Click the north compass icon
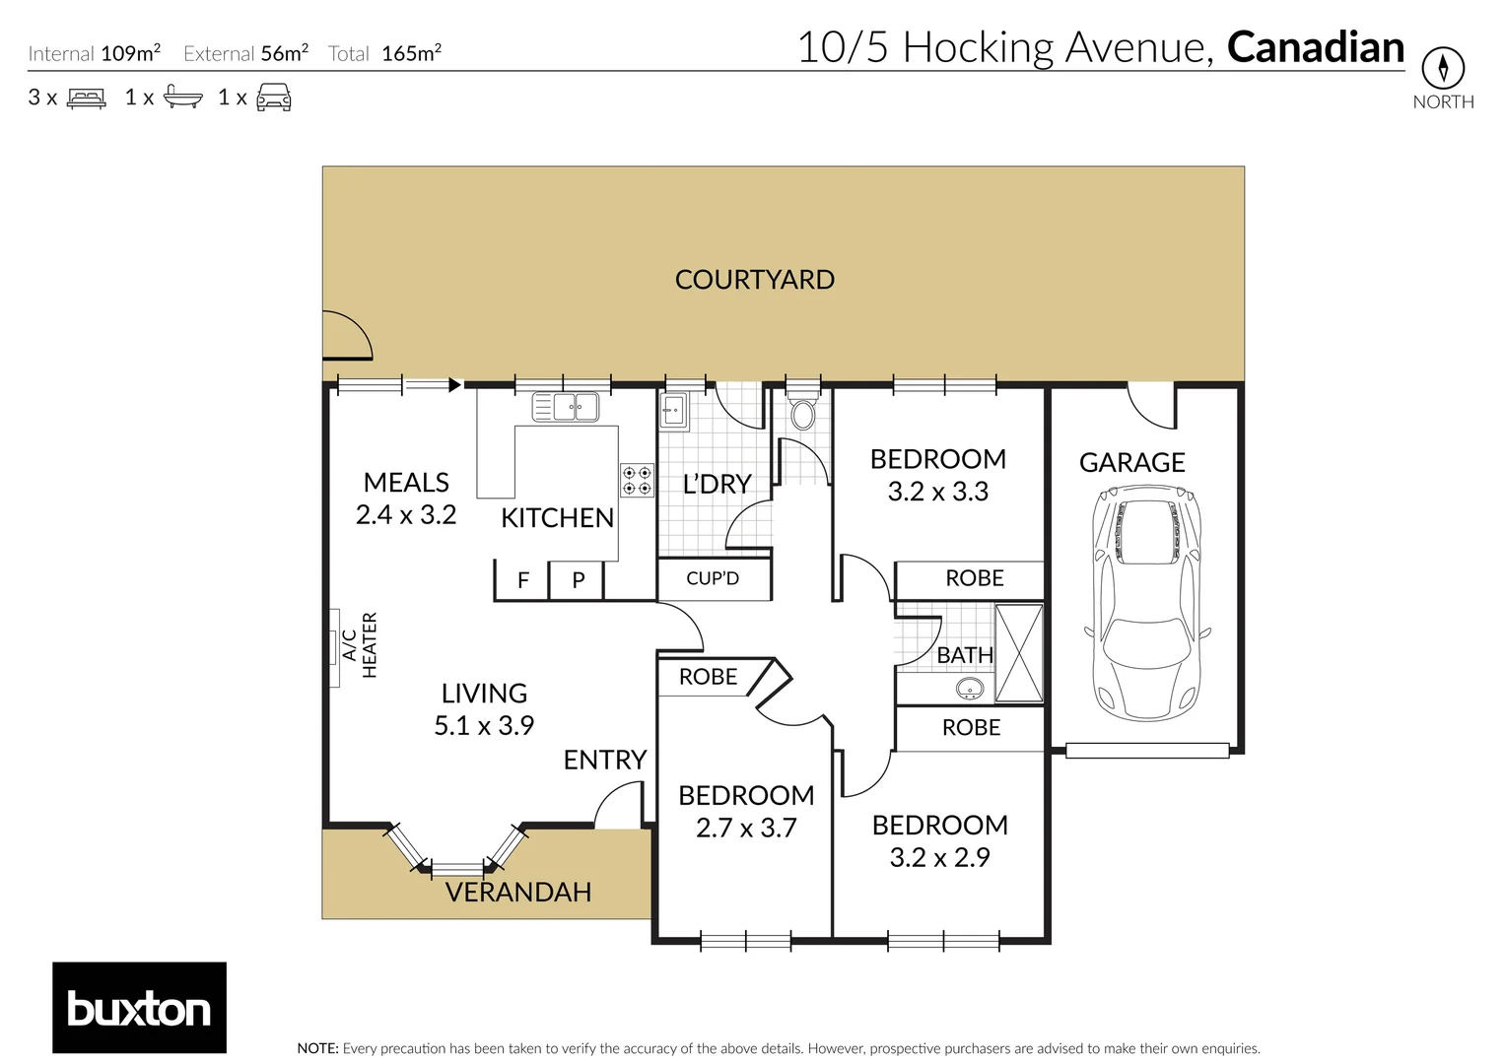pos(1443,68)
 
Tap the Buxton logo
pos(139,1008)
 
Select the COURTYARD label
pos(754,280)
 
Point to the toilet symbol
pos(803,413)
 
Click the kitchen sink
pos(566,406)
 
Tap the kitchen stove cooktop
pos(637,481)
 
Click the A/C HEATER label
pos(360,645)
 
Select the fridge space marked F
pos(523,580)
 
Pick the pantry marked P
pos(579,580)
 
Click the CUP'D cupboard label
pos(713,578)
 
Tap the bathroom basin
pos(970,689)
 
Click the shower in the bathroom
pos(1018,653)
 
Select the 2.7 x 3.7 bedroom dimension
pos(746,828)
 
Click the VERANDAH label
pos(518,893)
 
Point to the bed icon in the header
pos(87,98)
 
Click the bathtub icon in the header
pos(183,97)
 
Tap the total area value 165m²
pos(411,53)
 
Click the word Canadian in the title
pos(1315,47)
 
